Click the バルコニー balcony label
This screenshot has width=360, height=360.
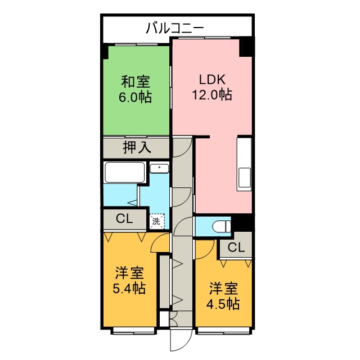coord(174,27)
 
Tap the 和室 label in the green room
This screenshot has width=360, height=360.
coord(135,81)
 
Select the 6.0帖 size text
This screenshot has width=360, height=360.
coord(135,97)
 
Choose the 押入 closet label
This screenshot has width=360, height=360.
coord(137,148)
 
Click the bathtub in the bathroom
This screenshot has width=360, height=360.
coord(125,172)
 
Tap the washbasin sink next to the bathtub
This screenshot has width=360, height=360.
coord(159,168)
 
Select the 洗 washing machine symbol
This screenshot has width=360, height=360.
coord(157,221)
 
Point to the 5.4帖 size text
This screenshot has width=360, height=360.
coord(130,289)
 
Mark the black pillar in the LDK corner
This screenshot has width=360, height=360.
coord(246,46)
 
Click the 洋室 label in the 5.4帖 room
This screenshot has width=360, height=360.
coord(130,274)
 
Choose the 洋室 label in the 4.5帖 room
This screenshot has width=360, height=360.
coord(224,289)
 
